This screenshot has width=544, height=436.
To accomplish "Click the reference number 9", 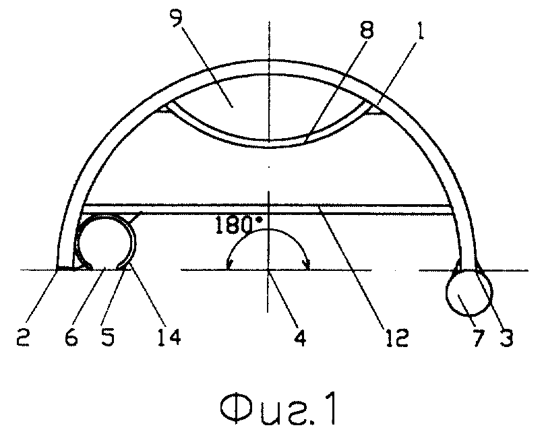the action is (177, 18).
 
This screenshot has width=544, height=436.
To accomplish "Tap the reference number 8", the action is (366, 30).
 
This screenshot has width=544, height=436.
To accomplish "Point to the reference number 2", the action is (23, 337).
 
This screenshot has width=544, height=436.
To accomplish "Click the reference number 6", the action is (71, 337).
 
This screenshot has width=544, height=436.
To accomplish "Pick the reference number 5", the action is (109, 337).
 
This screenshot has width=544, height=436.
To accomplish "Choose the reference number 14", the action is (169, 337).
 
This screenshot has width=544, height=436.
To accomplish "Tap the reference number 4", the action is (300, 337).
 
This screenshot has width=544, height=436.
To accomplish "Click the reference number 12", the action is (396, 337).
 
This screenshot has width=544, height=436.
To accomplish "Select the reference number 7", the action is (479, 337).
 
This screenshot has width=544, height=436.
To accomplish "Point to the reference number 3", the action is (506, 337).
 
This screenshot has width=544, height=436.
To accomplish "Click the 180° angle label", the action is (239, 225).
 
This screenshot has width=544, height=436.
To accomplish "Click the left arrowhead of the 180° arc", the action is (229, 266).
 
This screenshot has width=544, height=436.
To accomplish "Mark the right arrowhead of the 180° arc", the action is (307, 266).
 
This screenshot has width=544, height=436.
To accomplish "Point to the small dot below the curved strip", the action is (269, 168).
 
